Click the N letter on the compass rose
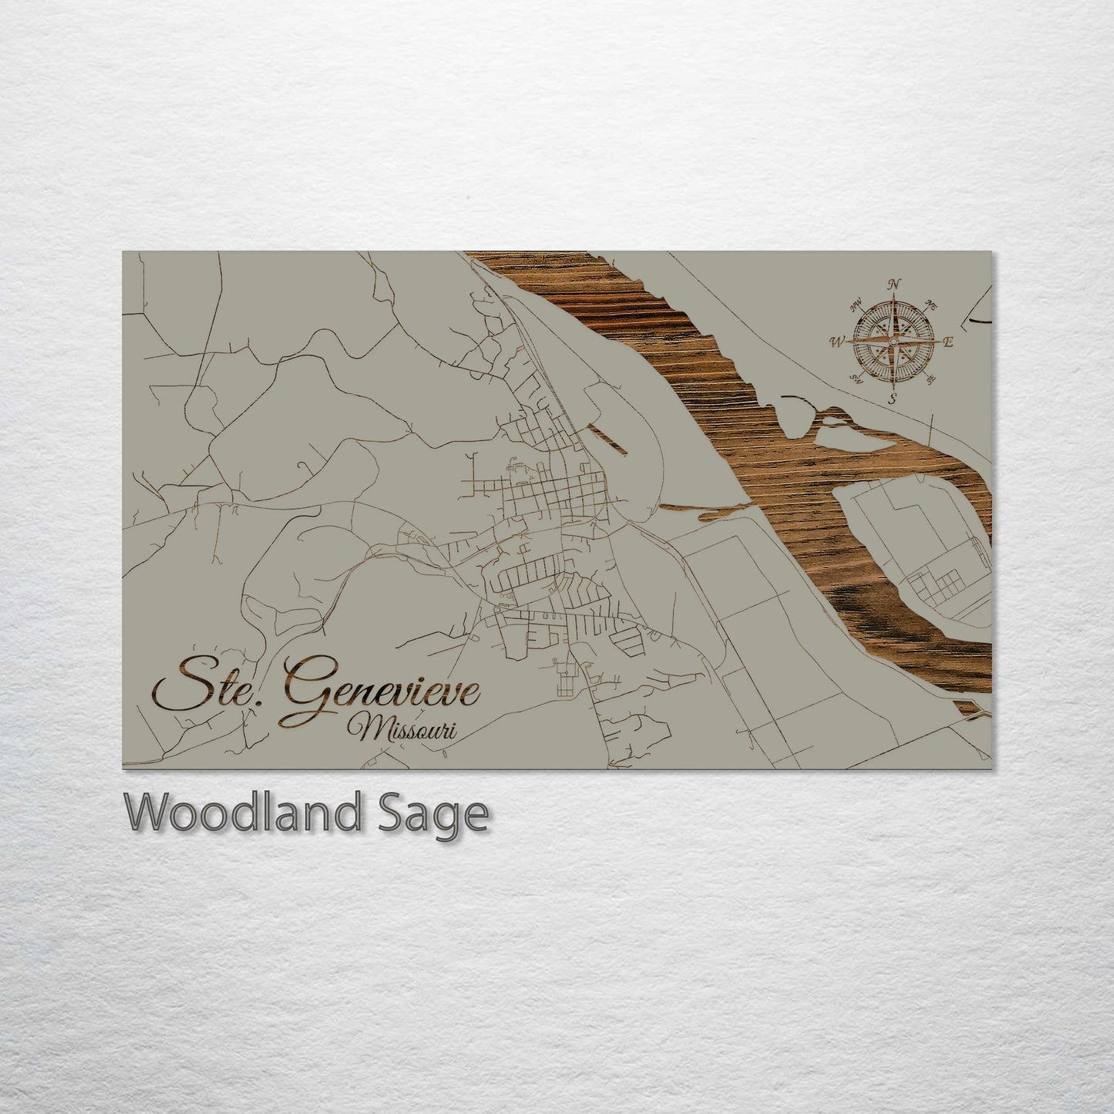click(894, 284)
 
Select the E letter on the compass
click(949, 342)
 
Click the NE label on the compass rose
click(931, 303)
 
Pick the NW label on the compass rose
click(854, 305)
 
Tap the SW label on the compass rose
click(855, 378)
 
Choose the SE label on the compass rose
click(932, 379)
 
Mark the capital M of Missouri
click(362, 728)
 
